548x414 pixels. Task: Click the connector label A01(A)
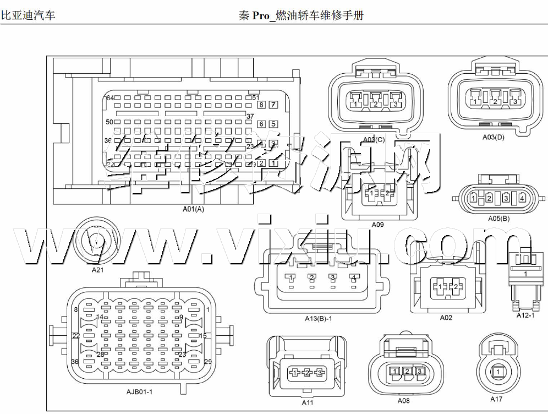pyautogui.click(x=193, y=209)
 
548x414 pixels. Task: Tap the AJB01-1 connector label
pyautogui.click(x=139, y=391)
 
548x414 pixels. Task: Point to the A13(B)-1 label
pyautogui.click(x=319, y=318)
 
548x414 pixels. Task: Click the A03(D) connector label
pyautogui.click(x=493, y=137)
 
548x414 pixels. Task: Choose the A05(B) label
pyautogui.click(x=498, y=218)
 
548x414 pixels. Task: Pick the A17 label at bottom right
pyautogui.click(x=497, y=399)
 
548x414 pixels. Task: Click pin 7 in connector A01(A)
pyautogui.click(x=273, y=105)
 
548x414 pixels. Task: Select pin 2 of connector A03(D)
pyautogui.click(x=495, y=101)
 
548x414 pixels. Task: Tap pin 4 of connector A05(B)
pyautogui.click(x=522, y=198)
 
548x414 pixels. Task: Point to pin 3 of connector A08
pyautogui.click(x=419, y=372)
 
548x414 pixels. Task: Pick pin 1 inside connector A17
pyautogui.click(x=497, y=373)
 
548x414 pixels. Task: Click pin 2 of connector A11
pyautogui.click(x=307, y=373)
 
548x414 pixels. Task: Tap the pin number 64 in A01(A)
pyautogui.click(x=110, y=98)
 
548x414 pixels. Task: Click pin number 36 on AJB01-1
pyautogui.click(x=75, y=362)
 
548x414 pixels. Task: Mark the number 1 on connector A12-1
pyautogui.click(x=525, y=273)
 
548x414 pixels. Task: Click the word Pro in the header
pyautogui.click(x=262, y=15)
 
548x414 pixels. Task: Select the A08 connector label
pyautogui.click(x=404, y=401)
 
